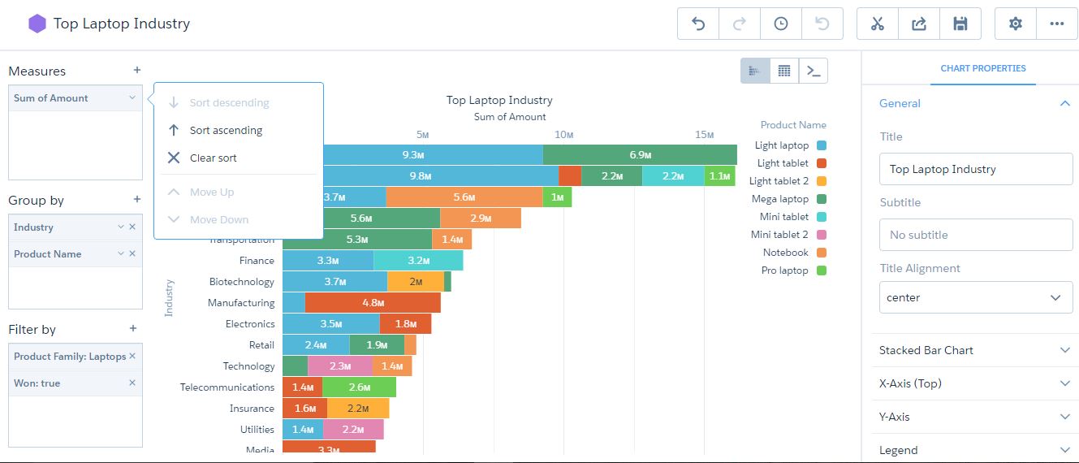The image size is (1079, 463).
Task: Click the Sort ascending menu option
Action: point(226,130)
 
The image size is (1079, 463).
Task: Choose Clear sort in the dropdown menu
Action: point(213,158)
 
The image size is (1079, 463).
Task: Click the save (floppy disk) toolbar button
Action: point(960,24)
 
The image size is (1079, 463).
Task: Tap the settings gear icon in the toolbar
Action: point(1015,24)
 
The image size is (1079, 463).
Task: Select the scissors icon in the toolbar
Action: point(877,24)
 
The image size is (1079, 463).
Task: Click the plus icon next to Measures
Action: point(137,71)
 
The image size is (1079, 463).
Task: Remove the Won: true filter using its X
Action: point(132,383)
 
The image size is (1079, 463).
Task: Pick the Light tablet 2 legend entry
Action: point(779,181)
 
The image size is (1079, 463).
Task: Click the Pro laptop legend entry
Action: point(783,270)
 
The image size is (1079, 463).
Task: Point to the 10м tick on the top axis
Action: point(563,134)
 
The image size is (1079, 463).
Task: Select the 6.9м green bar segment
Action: point(640,154)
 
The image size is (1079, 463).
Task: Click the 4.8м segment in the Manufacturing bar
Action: point(373,303)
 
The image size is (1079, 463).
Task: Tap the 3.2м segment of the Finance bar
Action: point(418,261)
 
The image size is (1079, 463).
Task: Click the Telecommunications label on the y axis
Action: point(227,387)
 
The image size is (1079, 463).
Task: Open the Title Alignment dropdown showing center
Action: point(975,298)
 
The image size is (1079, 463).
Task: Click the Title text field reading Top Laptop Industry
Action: point(975,169)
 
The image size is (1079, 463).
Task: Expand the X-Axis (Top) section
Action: point(974,383)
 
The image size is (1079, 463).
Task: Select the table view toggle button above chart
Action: point(784,71)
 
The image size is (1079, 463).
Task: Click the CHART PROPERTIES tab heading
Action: point(982,69)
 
